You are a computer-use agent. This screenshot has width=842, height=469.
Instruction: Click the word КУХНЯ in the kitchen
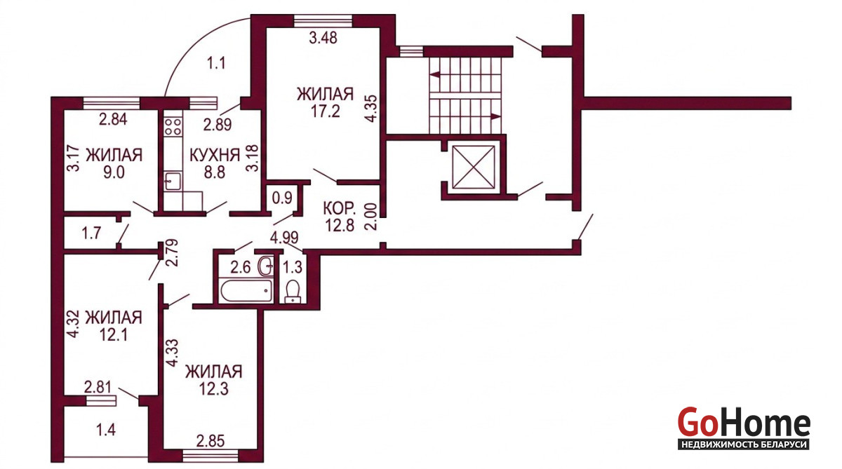[215, 155]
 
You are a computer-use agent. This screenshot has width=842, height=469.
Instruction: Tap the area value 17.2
[325, 111]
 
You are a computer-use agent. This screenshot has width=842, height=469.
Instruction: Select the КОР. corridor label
[340, 208]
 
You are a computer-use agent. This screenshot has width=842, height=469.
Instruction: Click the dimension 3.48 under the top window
[323, 38]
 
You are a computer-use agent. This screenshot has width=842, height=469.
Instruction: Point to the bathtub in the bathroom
[246, 291]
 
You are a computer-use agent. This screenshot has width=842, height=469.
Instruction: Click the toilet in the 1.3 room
[293, 292]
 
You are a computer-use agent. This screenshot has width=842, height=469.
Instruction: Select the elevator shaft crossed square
[474, 167]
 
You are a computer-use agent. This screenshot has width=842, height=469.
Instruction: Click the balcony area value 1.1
[217, 63]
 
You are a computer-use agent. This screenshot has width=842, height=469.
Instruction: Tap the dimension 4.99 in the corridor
[284, 238]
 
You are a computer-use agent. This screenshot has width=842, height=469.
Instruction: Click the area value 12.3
[213, 389]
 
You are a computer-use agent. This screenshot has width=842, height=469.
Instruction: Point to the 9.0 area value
[114, 173]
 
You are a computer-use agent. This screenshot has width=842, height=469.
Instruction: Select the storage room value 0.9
[282, 198]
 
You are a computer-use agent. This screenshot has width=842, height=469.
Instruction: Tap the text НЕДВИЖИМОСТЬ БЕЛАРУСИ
[744, 444]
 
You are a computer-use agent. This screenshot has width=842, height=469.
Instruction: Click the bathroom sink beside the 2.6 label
[266, 266]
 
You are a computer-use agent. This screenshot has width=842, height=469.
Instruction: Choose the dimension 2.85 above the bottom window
[210, 441]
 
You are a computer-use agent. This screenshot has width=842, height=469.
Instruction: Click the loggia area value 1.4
[106, 430]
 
